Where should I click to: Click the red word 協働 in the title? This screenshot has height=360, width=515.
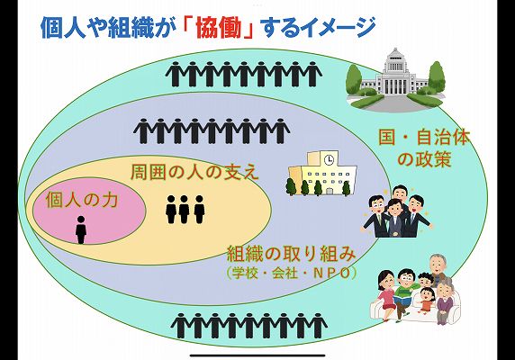[x=219, y=28]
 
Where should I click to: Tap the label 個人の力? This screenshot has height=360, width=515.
[x=82, y=200]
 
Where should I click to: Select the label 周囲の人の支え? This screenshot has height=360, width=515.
[x=194, y=172]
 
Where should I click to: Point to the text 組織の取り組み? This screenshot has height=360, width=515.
[x=292, y=255]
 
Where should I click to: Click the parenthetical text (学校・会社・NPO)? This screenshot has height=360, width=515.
[x=292, y=274]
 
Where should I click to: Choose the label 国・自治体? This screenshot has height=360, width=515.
[x=424, y=138]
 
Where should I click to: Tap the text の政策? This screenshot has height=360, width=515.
[x=424, y=159]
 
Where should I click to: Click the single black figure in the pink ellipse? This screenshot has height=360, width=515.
[x=81, y=229]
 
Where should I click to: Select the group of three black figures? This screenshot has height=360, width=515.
[x=185, y=210]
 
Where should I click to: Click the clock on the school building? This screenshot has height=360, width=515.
[x=329, y=160]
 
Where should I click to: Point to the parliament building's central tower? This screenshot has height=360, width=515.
[x=395, y=62]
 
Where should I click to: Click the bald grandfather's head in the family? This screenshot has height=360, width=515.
[x=437, y=263]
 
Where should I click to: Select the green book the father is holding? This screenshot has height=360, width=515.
[x=404, y=300]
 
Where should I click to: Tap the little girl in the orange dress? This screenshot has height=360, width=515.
[x=427, y=301]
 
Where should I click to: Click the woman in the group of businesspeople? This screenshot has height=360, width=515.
[x=394, y=218]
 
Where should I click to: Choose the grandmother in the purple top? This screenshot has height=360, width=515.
[x=445, y=301]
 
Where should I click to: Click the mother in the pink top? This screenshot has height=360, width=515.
[x=387, y=293]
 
